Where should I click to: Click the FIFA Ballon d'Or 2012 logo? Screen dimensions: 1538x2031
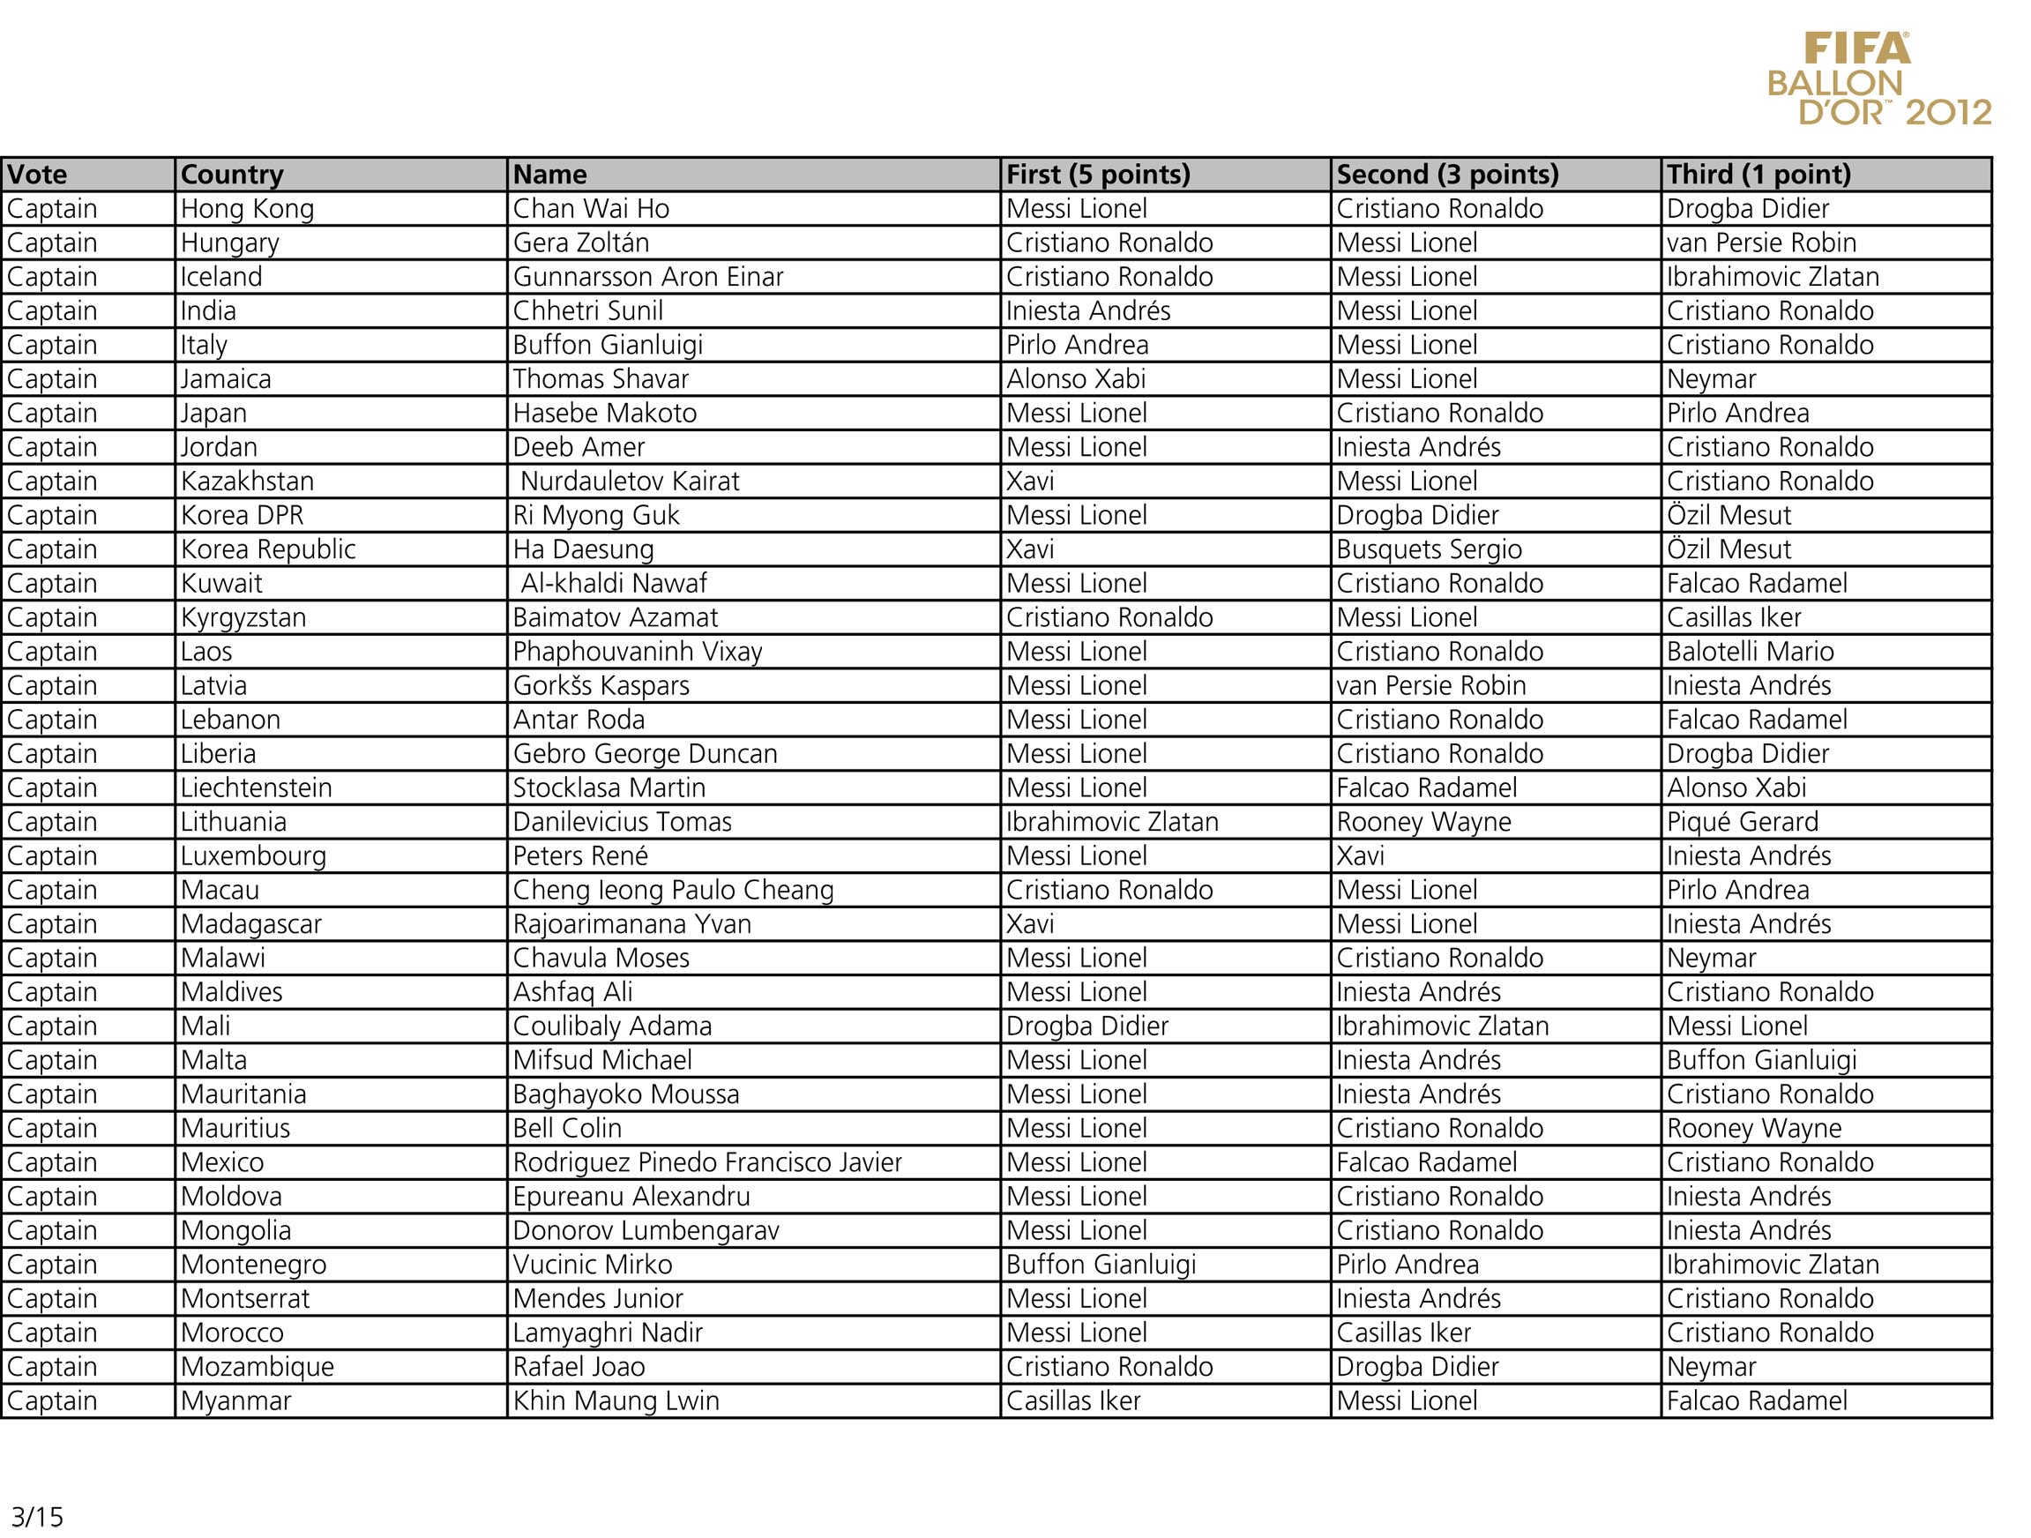pyautogui.click(x=1879, y=80)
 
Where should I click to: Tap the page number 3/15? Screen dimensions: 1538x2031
pyautogui.click(x=37, y=1516)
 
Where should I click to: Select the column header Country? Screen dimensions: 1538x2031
pyautogui.click(x=232, y=175)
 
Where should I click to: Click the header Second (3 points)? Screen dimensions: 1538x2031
pyautogui.click(x=1447, y=175)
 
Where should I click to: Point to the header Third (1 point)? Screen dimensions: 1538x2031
pyautogui.click(x=1758, y=175)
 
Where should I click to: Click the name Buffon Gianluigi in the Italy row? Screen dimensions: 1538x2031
pyautogui.click(x=608, y=345)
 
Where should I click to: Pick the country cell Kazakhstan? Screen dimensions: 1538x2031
pyautogui.click(x=247, y=482)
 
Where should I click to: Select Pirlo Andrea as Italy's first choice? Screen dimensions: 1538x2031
pyautogui.click(x=1077, y=345)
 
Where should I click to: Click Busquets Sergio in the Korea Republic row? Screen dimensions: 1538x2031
pyautogui.click(x=1429, y=549)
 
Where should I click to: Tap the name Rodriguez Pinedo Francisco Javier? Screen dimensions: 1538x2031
pyautogui.click(x=707, y=1162)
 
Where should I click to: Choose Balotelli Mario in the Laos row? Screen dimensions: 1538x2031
pyautogui.click(x=1750, y=652)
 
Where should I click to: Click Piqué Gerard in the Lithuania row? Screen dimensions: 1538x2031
pyautogui.click(x=1742, y=822)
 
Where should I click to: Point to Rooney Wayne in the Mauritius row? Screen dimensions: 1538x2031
pyautogui.click(x=1754, y=1129)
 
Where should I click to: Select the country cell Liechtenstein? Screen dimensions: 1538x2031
pyautogui.click(x=256, y=788)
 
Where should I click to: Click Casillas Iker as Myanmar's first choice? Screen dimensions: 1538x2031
pyautogui.click(x=1072, y=1401)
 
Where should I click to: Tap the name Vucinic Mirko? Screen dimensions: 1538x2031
pyautogui.click(x=593, y=1265)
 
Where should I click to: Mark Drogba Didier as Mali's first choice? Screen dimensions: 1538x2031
pyautogui.click(x=1087, y=1027)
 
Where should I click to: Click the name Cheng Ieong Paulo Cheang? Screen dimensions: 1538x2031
pyautogui.click(x=673, y=890)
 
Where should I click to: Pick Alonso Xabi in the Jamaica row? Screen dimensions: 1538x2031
pyautogui.click(x=1075, y=379)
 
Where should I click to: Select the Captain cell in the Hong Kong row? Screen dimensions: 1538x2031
pyautogui.click(x=52, y=209)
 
